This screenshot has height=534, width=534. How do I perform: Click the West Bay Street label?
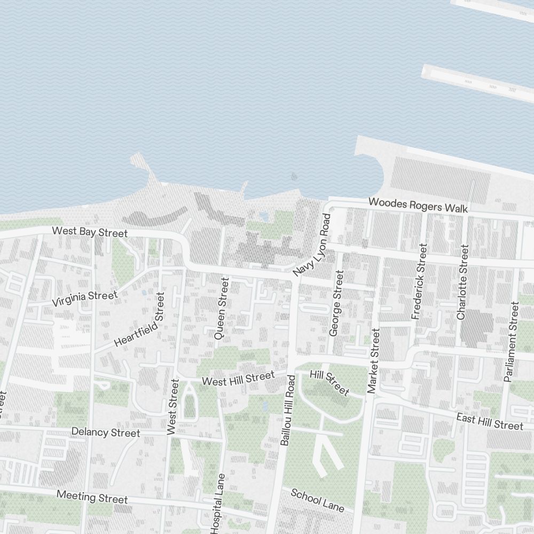tap(90, 232)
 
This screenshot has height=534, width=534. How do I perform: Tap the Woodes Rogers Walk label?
tap(418, 205)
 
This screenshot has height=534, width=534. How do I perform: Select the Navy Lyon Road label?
tap(312, 245)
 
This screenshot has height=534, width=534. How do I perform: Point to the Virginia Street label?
tap(84, 299)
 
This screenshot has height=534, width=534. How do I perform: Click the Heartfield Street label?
tap(139, 319)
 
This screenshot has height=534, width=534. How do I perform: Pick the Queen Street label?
tap(221, 309)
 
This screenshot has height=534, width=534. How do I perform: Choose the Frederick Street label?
tap(420, 281)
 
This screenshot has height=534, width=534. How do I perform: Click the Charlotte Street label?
tap(462, 282)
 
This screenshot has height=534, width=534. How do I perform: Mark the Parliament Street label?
tap(511, 342)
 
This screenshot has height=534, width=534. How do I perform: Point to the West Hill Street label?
tap(238, 379)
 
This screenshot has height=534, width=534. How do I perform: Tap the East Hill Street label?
tap(490, 421)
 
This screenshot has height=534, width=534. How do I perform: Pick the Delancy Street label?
tap(106, 432)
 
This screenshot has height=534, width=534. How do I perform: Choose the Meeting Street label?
tap(92, 497)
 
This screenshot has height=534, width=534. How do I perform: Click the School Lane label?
tap(317, 500)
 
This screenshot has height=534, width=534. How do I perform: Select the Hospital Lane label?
tap(218, 503)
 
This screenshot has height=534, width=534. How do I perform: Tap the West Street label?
tap(172, 406)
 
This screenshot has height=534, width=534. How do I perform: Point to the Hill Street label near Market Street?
tap(329, 383)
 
